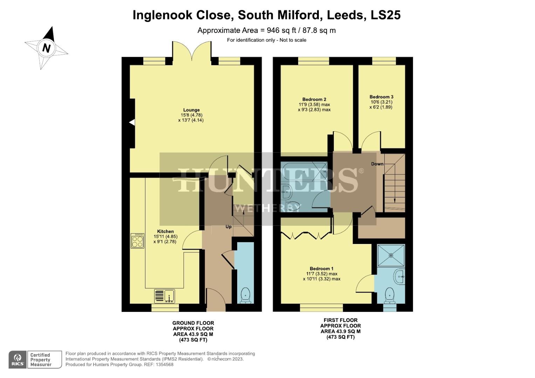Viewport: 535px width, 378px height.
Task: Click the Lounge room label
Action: tap(191, 110)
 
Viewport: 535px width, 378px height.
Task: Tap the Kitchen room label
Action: tap(165, 231)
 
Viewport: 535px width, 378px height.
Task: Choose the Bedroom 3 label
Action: tap(381, 97)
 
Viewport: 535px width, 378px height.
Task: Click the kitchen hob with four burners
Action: tap(137, 241)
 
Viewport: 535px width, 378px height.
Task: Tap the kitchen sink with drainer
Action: tap(164, 296)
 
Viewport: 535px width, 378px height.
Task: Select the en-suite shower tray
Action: tap(391, 255)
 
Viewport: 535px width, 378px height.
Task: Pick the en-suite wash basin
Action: tap(399, 277)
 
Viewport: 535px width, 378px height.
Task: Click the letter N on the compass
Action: tap(46, 48)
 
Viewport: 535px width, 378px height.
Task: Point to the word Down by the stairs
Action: tap(377, 164)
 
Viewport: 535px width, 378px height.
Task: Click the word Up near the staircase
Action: tap(228, 227)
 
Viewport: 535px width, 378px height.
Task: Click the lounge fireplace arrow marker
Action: tap(132, 122)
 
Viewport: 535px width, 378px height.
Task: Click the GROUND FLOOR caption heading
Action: tap(193, 323)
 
